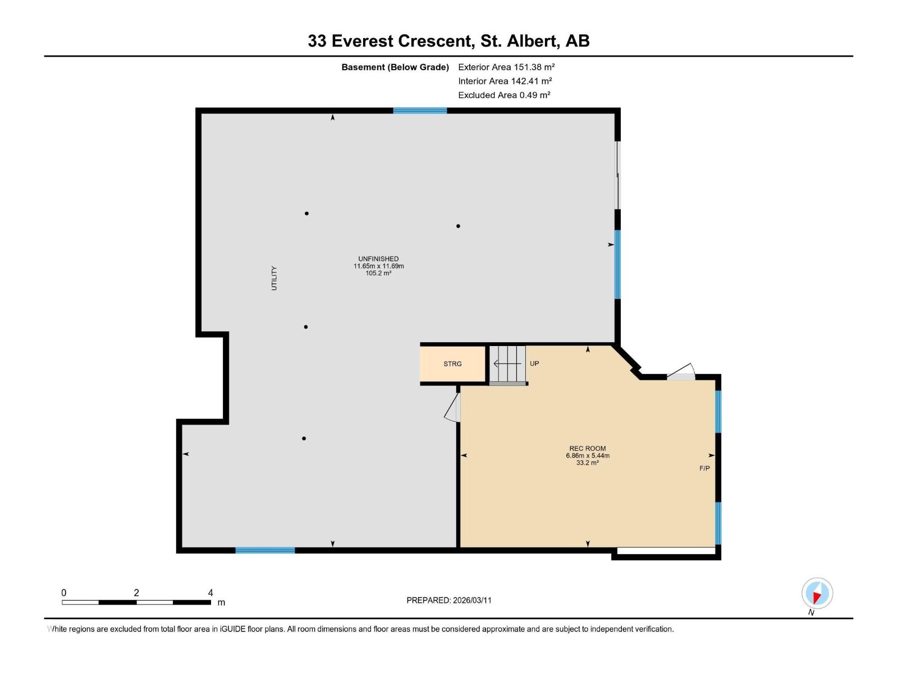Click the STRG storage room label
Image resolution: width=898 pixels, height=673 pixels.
[x=452, y=364]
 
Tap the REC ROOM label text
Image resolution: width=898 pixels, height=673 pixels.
[x=587, y=449]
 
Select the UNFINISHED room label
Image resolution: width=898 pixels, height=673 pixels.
[x=378, y=259]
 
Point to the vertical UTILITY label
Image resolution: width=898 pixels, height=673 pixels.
[x=274, y=278]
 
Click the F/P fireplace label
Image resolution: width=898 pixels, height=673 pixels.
[x=704, y=468]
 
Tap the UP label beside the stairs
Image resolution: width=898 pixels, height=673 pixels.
[x=534, y=363]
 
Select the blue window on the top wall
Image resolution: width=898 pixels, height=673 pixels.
[x=420, y=110]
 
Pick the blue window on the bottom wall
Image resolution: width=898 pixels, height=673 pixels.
[x=265, y=550]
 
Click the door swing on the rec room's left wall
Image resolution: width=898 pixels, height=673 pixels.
[x=453, y=408]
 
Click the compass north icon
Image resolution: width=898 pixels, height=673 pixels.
[x=817, y=593]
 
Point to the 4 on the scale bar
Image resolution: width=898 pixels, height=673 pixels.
[x=210, y=593]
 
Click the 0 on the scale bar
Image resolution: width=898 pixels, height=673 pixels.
[x=64, y=593]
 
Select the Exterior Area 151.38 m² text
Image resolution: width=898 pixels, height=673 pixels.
[x=506, y=67]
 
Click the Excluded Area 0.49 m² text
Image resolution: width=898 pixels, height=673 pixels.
[x=504, y=95]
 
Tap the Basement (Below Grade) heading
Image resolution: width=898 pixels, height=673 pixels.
[x=395, y=67]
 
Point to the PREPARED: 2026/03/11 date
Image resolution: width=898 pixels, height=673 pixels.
[x=449, y=600]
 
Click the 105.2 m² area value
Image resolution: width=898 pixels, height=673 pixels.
[x=378, y=273]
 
